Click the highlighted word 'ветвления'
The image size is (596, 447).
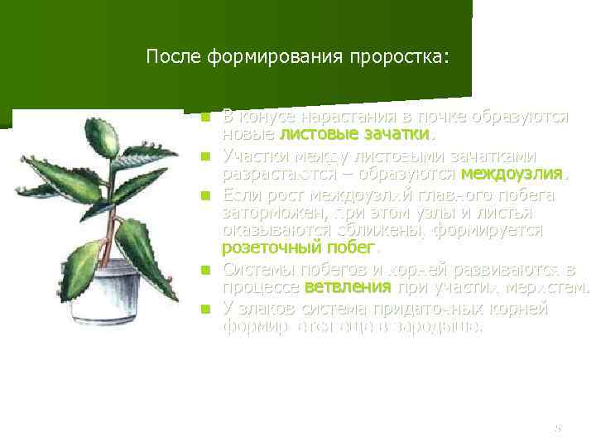(x=348, y=288)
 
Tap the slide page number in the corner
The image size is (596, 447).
(x=558, y=429)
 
